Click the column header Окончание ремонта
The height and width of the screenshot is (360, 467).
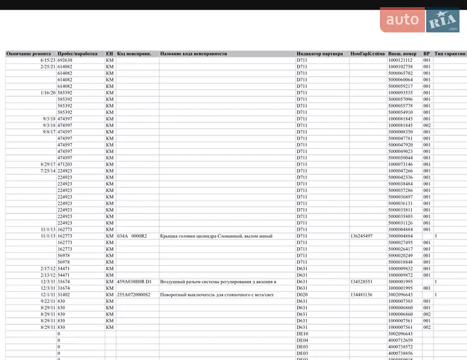(x=29, y=53)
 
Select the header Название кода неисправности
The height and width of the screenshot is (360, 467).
(x=193, y=53)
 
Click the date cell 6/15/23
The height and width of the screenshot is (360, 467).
(x=48, y=60)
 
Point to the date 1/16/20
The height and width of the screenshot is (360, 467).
(x=48, y=93)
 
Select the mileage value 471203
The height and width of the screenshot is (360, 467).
(x=65, y=164)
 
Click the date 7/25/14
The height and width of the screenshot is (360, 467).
(x=48, y=171)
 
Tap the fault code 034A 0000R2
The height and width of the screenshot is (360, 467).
(x=132, y=236)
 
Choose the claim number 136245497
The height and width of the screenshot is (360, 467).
(x=362, y=236)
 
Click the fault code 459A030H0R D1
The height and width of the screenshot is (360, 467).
(x=134, y=281)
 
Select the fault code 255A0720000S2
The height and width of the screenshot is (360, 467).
(x=134, y=295)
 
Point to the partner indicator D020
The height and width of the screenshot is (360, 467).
(x=302, y=295)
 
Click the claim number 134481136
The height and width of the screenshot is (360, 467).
(x=362, y=295)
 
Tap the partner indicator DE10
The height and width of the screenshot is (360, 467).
(x=302, y=334)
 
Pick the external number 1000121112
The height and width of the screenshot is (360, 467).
(x=400, y=60)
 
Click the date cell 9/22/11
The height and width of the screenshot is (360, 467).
(x=48, y=301)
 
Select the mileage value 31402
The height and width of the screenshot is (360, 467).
(x=64, y=295)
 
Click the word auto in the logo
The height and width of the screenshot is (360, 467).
(x=402, y=20)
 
